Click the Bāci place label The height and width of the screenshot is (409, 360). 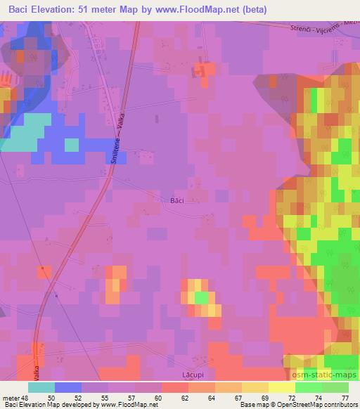click(x=177, y=200)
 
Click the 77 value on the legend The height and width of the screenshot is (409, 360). click(x=344, y=397)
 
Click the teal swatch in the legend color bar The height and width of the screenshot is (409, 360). click(x=41, y=387)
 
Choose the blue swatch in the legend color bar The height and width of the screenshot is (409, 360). click(x=68, y=387)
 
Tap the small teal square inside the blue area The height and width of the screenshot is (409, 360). click(x=72, y=145)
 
